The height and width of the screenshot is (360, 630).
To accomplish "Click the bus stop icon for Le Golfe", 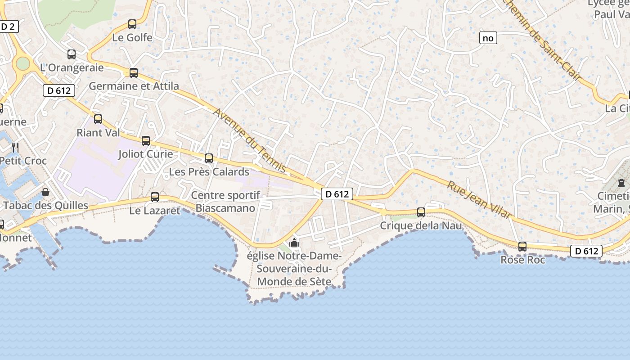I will pyautogui.click(x=132, y=24).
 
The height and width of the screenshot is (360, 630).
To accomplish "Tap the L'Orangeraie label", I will pyautogui.click(x=72, y=68).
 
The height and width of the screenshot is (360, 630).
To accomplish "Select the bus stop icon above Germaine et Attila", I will pyautogui.click(x=134, y=73).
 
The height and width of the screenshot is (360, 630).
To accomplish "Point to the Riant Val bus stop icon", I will pyautogui.click(x=98, y=119).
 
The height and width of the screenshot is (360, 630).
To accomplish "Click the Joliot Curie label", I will pyautogui.click(x=145, y=154).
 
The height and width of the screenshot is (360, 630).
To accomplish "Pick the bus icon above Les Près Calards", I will pyautogui.click(x=209, y=158).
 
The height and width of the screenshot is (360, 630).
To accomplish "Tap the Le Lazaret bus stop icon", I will pyautogui.click(x=155, y=197).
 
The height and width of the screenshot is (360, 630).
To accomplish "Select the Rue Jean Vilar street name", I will pyautogui.click(x=480, y=200).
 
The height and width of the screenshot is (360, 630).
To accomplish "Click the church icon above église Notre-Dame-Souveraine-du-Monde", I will pyautogui.click(x=294, y=243).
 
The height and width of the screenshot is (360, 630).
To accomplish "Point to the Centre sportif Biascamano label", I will pyautogui.click(x=225, y=202).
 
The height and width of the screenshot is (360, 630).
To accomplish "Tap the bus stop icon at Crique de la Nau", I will pyautogui.click(x=421, y=212).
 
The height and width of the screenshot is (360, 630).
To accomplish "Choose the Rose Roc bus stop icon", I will pyautogui.click(x=522, y=247).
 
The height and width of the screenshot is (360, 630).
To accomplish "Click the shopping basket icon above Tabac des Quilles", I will pyautogui.click(x=45, y=193).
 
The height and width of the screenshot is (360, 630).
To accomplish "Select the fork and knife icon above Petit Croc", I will pyautogui.click(x=15, y=147).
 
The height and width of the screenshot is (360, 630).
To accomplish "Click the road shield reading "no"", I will pyautogui.click(x=488, y=38).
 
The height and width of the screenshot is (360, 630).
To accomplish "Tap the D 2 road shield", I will pyautogui.click(x=8, y=27).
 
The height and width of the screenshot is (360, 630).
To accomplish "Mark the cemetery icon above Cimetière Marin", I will pyautogui.click(x=621, y=183).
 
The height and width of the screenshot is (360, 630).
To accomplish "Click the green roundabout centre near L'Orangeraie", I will pyautogui.click(x=22, y=63).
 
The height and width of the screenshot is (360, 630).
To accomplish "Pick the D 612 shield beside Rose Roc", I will pyautogui.click(x=586, y=251).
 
